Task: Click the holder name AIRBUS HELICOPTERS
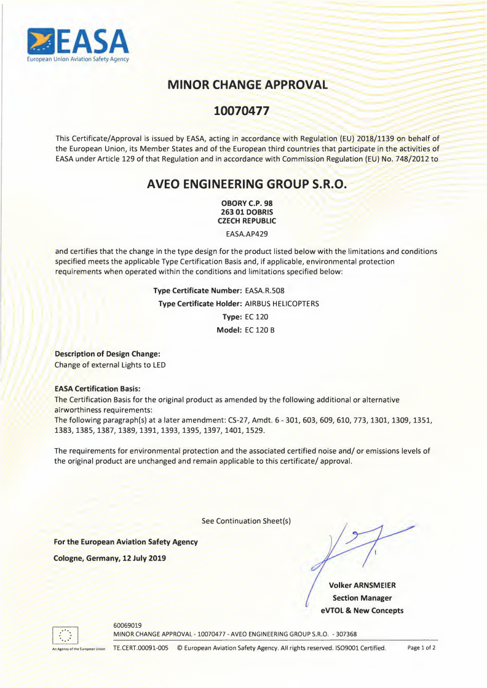pyautogui.click(x=282, y=304)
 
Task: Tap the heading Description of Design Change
pyautogui.click(x=108, y=354)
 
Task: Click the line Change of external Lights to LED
pyautogui.click(x=110, y=365)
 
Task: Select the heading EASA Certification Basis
pyautogui.click(x=98, y=389)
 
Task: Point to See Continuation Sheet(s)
pyautogui.click(x=246, y=521)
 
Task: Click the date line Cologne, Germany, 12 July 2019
pyautogui.click(x=110, y=558)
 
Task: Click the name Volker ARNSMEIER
pyautogui.click(x=362, y=585)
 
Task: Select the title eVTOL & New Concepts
pyautogui.click(x=362, y=611)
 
